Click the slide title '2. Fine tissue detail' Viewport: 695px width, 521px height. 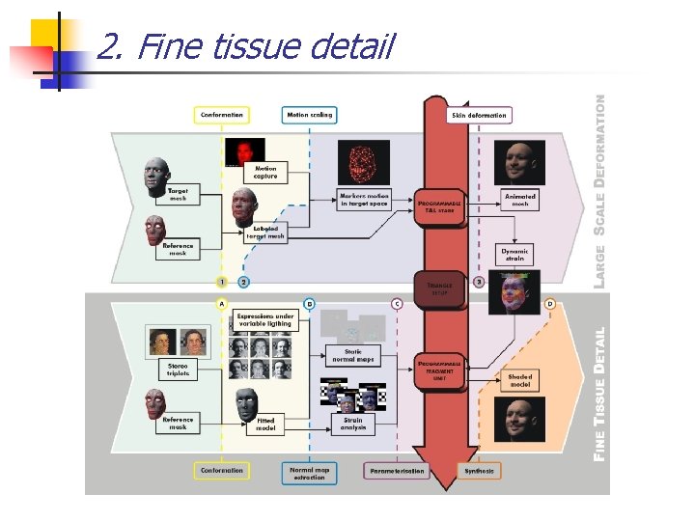click(x=246, y=45)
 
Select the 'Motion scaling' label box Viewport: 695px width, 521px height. click(x=309, y=115)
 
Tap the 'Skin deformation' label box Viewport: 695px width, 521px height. click(x=479, y=116)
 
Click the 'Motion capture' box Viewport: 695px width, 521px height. click(x=265, y=173)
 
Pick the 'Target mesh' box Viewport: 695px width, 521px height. click(x=178, y=194)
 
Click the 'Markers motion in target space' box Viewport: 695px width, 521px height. click(x=363, y=200)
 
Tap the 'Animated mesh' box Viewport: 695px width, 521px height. click(x=519, y=199)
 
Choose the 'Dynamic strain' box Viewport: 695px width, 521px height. click(x=514, y=255)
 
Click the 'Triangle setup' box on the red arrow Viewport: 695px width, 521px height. click(x=439, y=287)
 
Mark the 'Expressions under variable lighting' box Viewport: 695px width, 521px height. click(x=264, y=320)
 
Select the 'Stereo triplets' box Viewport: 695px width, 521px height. click(x=178, y=370)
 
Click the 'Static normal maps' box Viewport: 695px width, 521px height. click(x=352, y=355)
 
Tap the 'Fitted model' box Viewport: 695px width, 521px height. click(x=264, y=424)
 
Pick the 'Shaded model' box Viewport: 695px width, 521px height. click(x=519, y=380)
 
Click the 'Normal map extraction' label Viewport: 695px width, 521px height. click(x=309, y=473)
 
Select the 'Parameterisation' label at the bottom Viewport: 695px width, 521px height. click(x=397, y=471)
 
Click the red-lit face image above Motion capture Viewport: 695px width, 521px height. click(x=245, y=151)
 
